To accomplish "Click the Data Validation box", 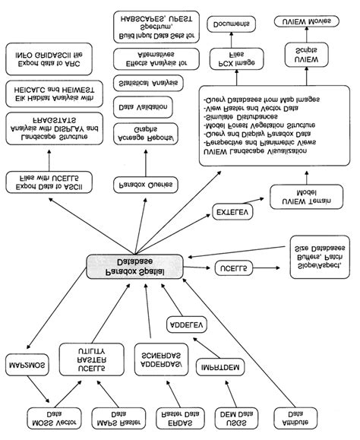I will [138, 108].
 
